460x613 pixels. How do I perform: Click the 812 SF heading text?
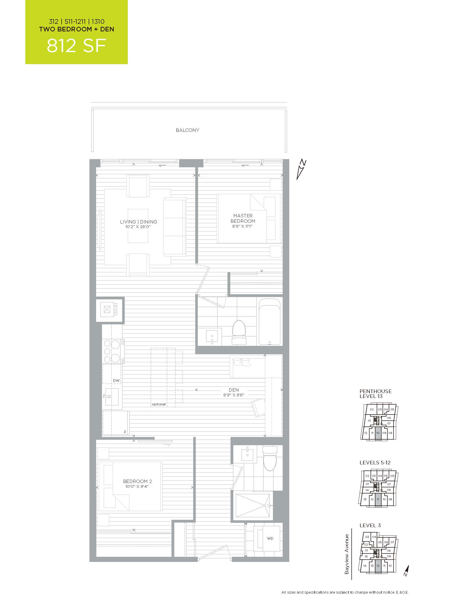76,46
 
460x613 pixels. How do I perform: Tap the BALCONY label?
187,130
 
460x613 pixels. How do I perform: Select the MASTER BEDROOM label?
243,218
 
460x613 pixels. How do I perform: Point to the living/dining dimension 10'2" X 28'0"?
138,227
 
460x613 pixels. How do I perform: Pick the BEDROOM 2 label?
137,481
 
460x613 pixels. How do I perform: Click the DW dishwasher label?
116,381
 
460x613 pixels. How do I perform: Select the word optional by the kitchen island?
159,404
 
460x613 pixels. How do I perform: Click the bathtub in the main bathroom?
270,322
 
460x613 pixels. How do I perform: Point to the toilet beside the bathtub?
239,332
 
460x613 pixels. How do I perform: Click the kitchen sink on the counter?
112,396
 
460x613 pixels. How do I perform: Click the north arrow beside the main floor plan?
301,170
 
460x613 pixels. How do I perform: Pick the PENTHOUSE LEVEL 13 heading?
375,394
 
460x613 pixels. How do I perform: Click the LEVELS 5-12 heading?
375,463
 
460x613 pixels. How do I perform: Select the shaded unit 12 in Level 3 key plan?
378,565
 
